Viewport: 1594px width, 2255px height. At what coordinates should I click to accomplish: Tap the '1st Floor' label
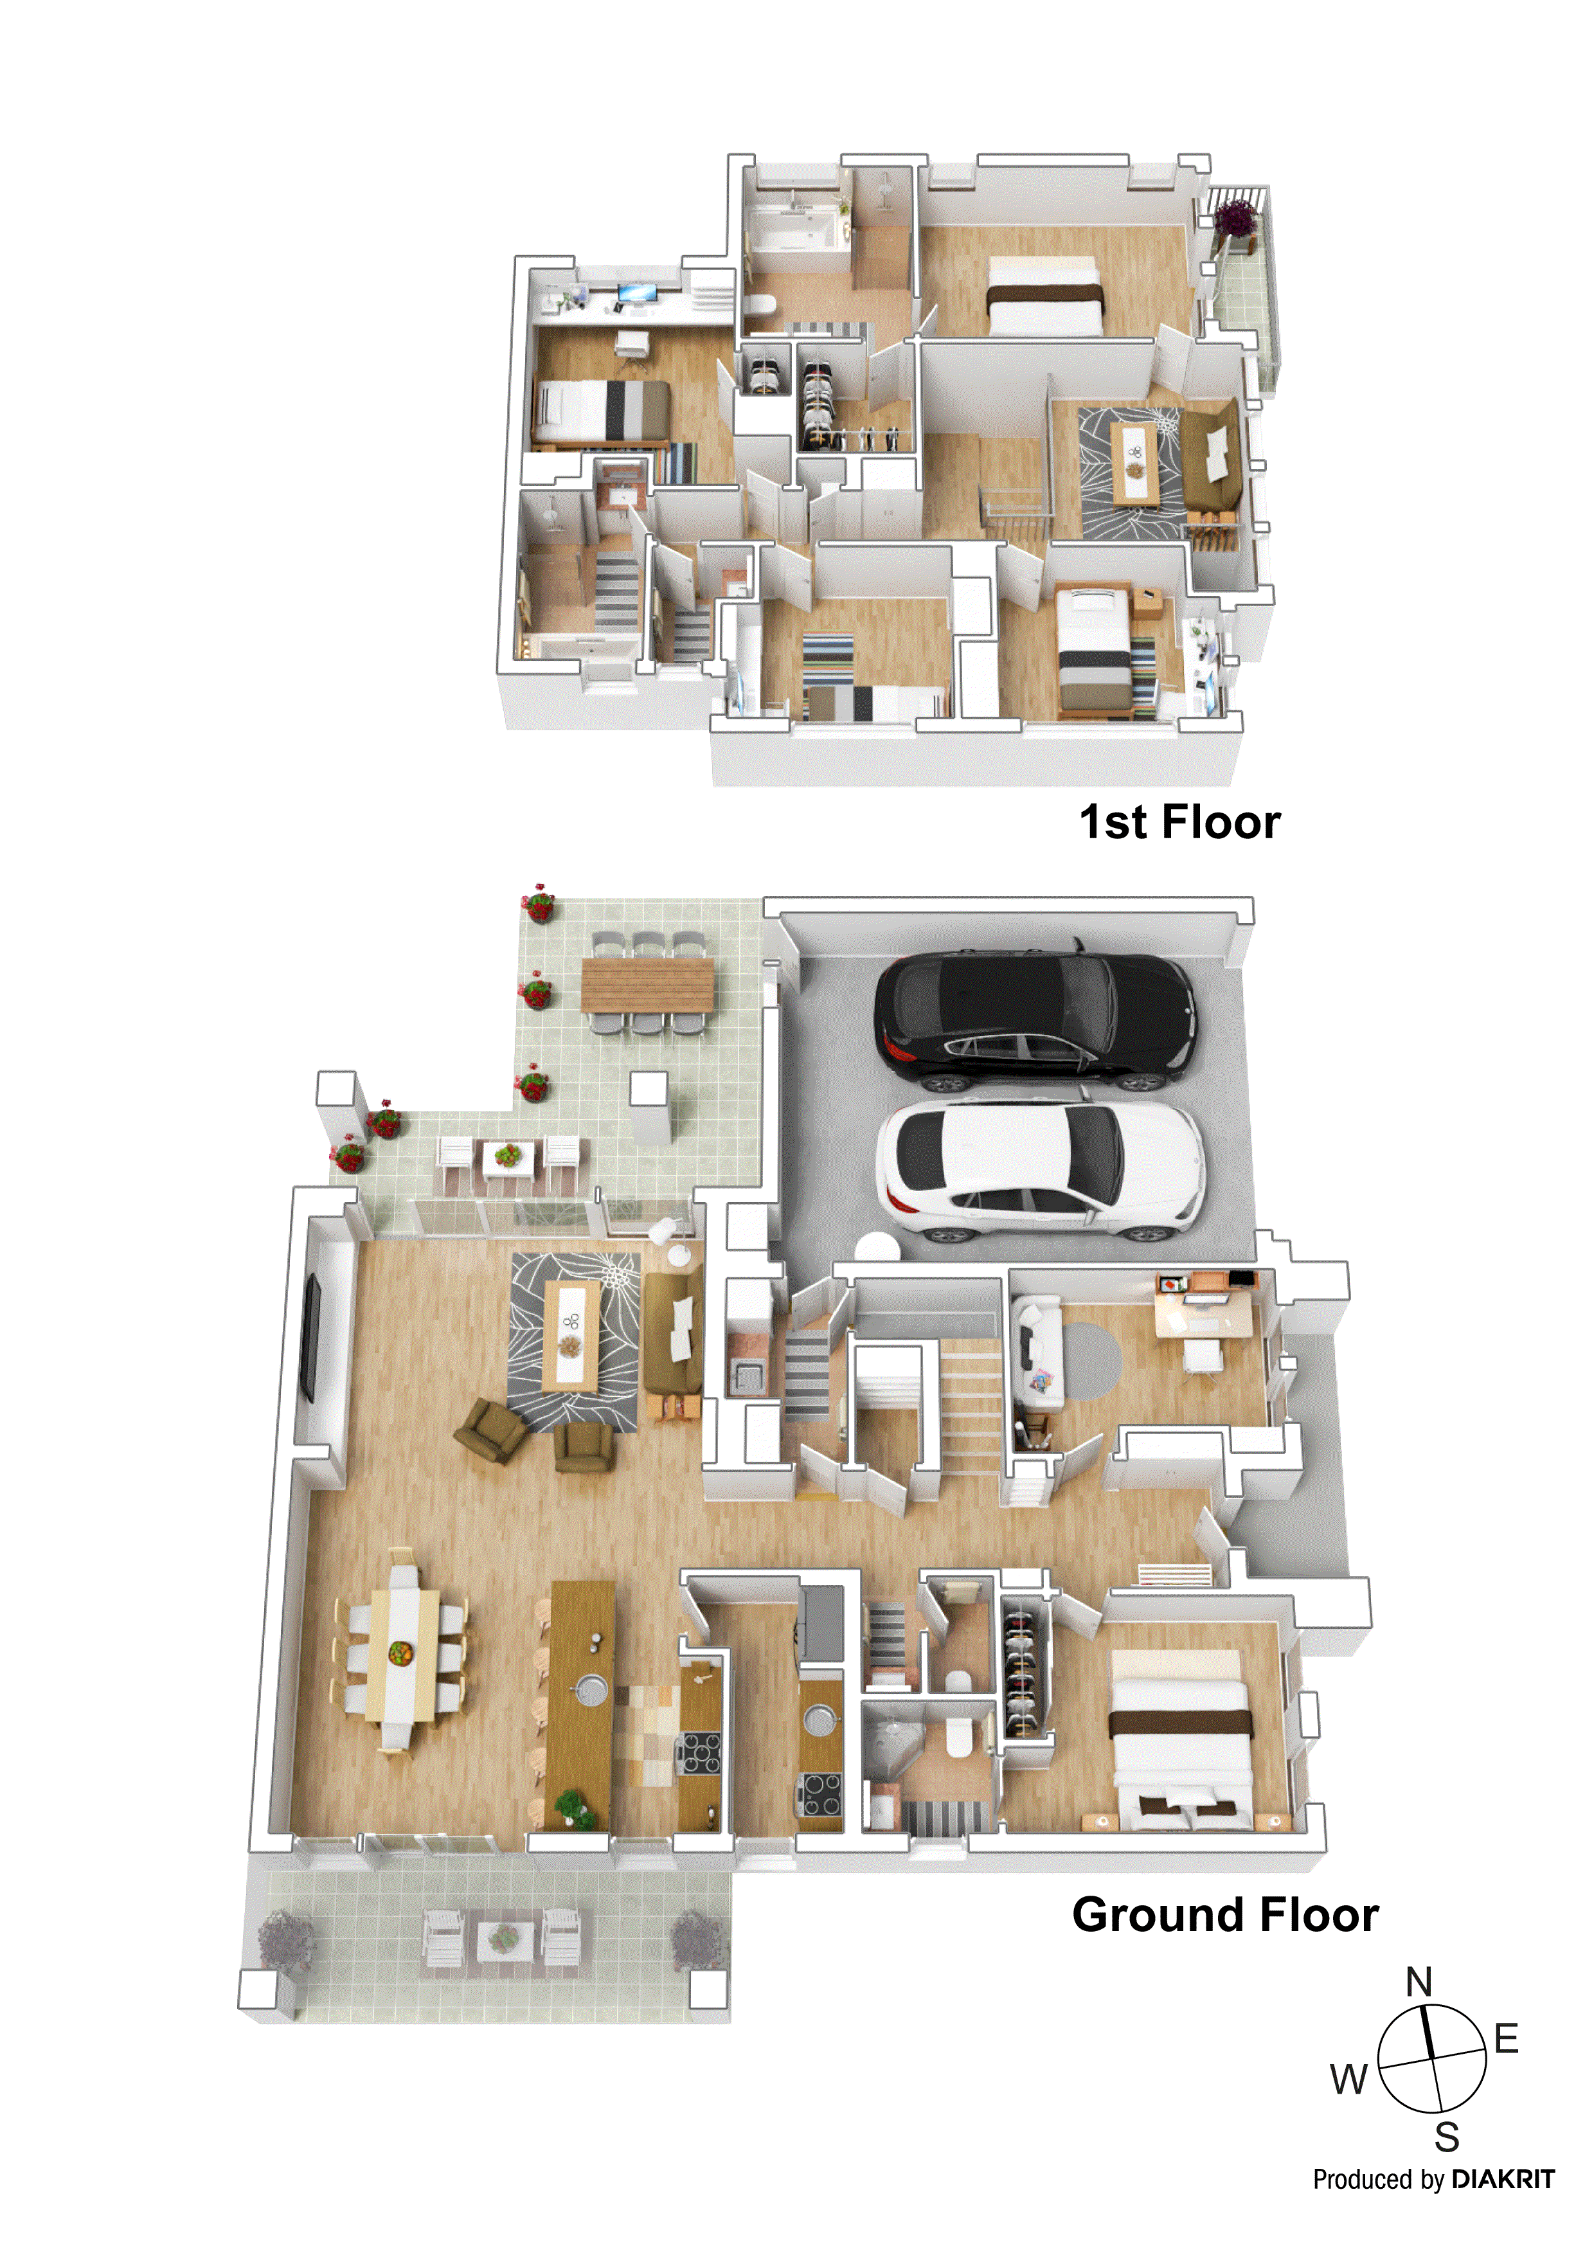click(1179, 822)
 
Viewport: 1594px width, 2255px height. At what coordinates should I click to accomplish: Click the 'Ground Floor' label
click(1224, 1914)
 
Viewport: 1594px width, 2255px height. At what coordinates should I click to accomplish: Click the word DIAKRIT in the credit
click(1503, 2179)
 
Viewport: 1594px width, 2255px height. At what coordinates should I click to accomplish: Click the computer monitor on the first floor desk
click(636, 292)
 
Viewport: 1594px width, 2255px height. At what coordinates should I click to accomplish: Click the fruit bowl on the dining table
click(398, 1653)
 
